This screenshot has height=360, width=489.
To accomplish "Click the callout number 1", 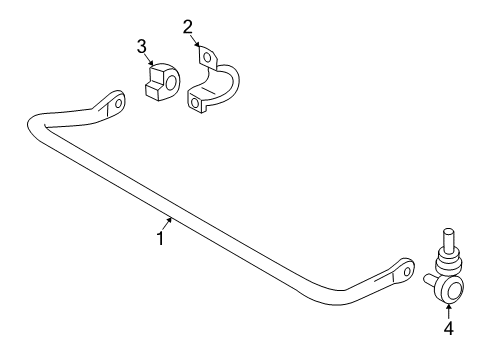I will tap(160, 238).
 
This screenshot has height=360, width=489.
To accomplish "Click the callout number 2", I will tap(187, 27).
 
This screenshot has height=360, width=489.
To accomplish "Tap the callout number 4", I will tap(449, 325).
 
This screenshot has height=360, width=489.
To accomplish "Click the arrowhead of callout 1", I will tap(173, 219).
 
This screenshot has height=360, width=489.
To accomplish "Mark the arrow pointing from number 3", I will tap(149, 62).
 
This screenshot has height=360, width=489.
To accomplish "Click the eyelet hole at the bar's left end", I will tap(118, 102).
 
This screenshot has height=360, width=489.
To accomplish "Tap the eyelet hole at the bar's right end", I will tap(407, 268).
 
